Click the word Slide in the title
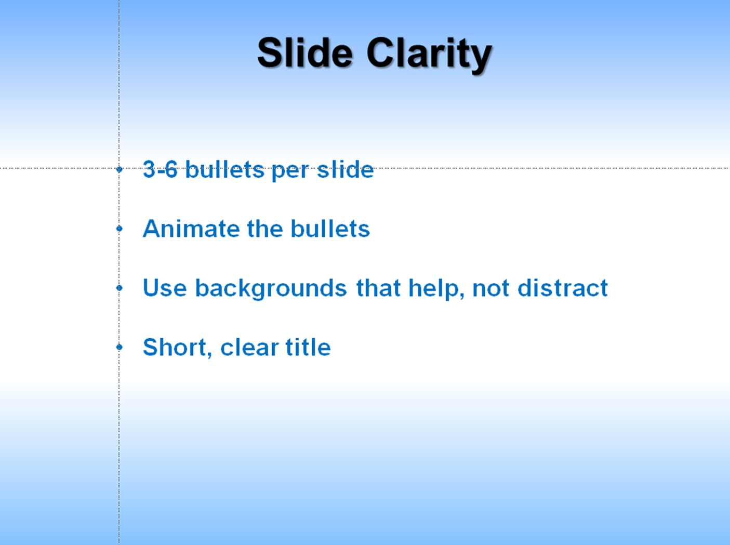[x=304, y=53]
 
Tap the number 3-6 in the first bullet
[x=160, y=169]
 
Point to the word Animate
[x=191, y=229]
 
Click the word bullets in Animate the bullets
[x=330, y=228]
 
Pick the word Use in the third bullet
[x=165, y=288]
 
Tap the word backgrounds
[x=271, y=288]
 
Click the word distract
[x=563, y=287]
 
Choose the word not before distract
[x=490, y=288]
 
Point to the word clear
[x=249, y=347]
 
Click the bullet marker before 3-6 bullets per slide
[x=119, y=169]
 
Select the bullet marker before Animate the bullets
[x=119, y=229]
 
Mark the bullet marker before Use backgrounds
[x=119, y=288]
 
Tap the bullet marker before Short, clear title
[x=119, y=347]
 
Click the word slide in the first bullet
[x=345, y=169]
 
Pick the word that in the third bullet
[x=378, y=288]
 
